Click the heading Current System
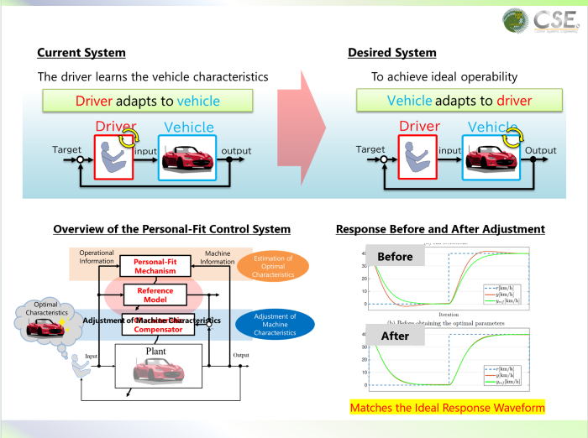81,53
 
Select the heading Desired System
392,53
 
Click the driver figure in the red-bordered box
116,157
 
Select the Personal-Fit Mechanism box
154,266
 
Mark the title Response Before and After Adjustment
440,229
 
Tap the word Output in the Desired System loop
541,150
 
